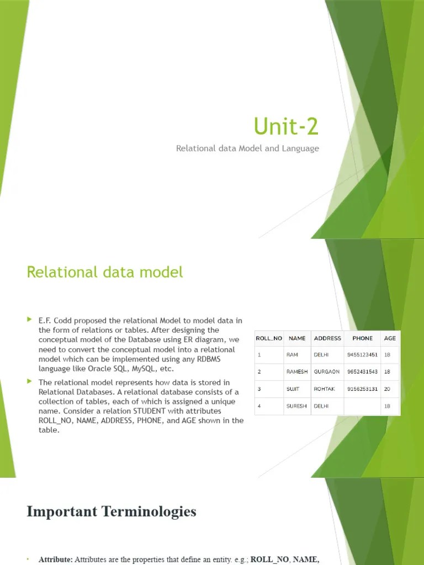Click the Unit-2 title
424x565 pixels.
point(286,126)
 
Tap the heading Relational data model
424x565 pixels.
point(105,271)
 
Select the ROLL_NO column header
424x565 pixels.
point(269,338)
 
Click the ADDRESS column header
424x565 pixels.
point(327,338)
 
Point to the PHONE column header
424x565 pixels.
point(362,338)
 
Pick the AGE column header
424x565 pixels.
point(390,338)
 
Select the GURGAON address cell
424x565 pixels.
point(327,372)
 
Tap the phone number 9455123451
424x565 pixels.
point(362,355)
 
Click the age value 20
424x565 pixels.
point(387,389)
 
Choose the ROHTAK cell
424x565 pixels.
point(324,389)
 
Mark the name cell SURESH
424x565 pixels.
point(296,406)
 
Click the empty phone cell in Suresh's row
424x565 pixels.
point(362,406)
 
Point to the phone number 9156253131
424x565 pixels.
point(362,389)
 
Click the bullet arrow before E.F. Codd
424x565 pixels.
point(30,319)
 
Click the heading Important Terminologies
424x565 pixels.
point(112,511)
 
